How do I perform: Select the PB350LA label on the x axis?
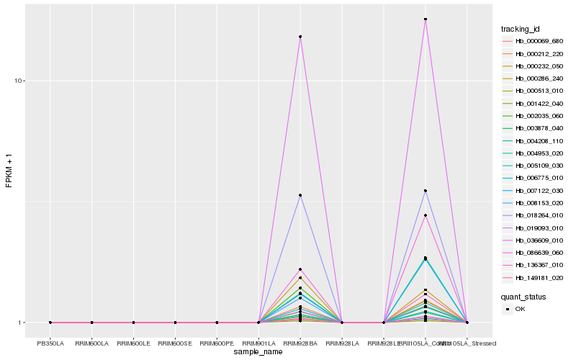[x=50, y=343]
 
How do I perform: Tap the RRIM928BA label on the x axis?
[x=300, y=343]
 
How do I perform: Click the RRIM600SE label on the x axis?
[x=175, y=343]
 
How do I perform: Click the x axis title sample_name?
[x=258, y=352]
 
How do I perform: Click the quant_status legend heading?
[x=523, y=297]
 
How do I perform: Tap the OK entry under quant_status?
[x=521, y=309]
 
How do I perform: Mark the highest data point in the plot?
[x=426, y=19]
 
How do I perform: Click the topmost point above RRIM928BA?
[x=300, y=37]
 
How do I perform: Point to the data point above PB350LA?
[x=50, y=323]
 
